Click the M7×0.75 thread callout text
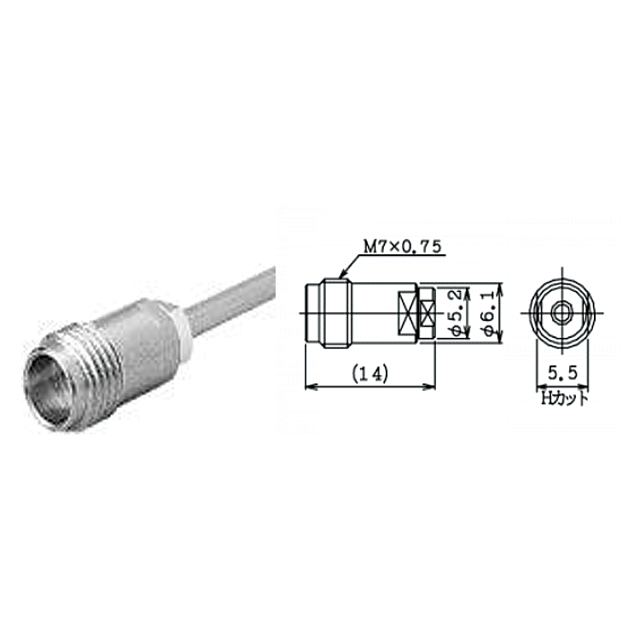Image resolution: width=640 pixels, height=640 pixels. (403, 247)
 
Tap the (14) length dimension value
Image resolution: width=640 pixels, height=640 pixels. (370, 374)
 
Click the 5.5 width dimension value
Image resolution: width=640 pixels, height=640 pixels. (563, 373)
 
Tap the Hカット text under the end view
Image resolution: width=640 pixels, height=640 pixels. (565, 399)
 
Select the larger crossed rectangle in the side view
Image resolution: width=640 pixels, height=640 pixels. (407, 313)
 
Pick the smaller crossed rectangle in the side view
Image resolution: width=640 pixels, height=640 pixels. (428, 313)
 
